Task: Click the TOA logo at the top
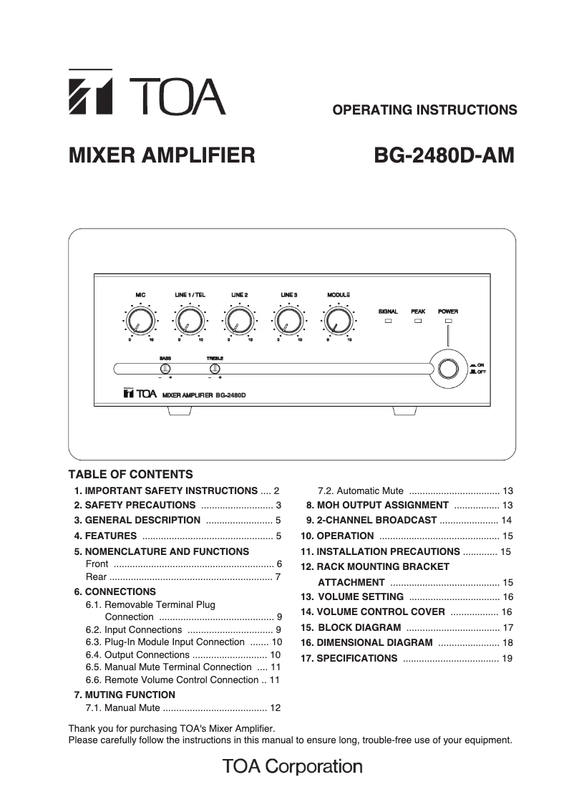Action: [x=146, y=92]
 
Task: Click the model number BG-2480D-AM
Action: [x=444, y=155]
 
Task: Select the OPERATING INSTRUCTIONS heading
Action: [x=425, y=110]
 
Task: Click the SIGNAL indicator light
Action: [x=389, y=323]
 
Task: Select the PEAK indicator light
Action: [x=419, y=323]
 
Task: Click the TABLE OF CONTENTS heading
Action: [x=130, y=474]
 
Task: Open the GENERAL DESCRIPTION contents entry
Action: [x=142, y=521]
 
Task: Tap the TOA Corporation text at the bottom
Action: [x=292, y=767]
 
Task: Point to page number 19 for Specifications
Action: [x=507, y=658]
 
